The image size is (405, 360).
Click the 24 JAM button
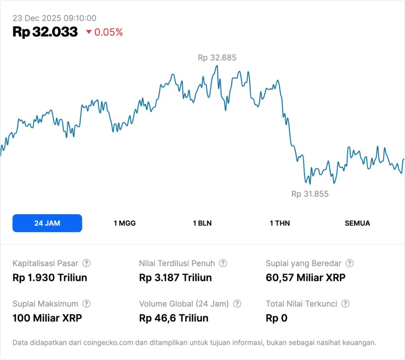pyautogui.click(x=47, y=223)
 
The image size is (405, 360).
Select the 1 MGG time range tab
pyautogui.click(x=125, y=223)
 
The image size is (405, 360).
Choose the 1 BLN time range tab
pyautogui.click(x=202, y=223)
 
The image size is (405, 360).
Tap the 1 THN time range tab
pyautogui.click(x=280, y=223)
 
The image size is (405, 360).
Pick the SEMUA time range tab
pyautogui.click(x=357, y=223)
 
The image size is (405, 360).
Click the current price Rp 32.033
pyautogui.click(x=45, y=32)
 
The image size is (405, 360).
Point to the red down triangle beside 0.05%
pyautogui.click(x=89, y=32)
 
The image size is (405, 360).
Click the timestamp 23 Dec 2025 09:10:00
pyautogui.click(x=54, y=18)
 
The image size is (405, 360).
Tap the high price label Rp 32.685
pyautogui.click(x=217, y=58)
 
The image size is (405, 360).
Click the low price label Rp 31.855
pyautogui.click(x=310, y=194)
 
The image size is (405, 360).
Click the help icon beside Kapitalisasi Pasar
pyautogui.click(x=86, y=263)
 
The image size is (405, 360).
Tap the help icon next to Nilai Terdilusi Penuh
pyautogui.click(x=223, y=263)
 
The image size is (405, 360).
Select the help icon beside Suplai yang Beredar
pyautogui.click(x=349, y=263)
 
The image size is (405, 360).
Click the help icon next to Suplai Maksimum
pyautogui.click(x=86, y=304)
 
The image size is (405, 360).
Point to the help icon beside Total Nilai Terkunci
pyautogui.click(x=345, y=304)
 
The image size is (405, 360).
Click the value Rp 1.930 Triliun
pyautogui.click(x=50, y=278)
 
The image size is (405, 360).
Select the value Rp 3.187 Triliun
pyautogui.click(x=175, y=278)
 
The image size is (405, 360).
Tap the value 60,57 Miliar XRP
pyautogui.click(x=306, y=278)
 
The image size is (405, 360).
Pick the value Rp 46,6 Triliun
pyautogui.click(x=174, y=318)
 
